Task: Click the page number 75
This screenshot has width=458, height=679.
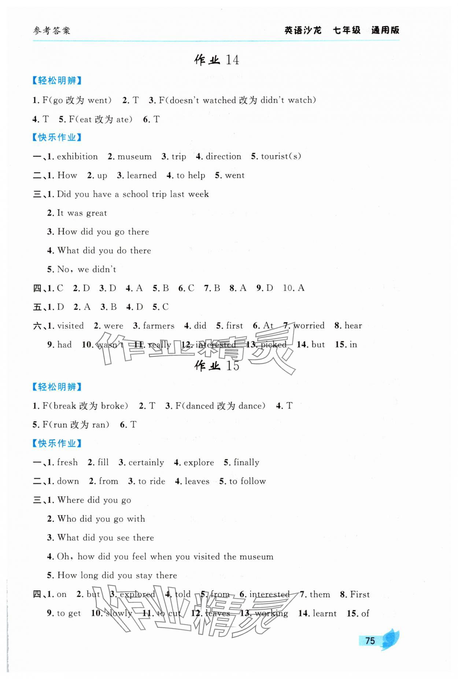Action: pos(370,641)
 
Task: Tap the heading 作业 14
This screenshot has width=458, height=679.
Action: pos(217,60)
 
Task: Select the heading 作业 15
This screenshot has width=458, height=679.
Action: pos(217,366)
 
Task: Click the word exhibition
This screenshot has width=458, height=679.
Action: pos(77,157)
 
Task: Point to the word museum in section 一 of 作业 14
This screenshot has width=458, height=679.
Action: pos(134,157)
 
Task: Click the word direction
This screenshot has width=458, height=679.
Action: pos(224,157)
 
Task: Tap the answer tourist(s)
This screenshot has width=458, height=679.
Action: pos(281,157)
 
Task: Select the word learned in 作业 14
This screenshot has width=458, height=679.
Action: pos(141,176)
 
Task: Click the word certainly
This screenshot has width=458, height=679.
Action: pos(146,462)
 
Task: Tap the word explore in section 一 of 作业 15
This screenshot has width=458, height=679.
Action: pos(199,462)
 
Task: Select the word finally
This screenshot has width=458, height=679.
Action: pos(246,462)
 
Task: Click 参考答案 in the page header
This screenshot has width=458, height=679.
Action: pos(52,31)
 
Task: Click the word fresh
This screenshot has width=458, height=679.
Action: pos(67,462)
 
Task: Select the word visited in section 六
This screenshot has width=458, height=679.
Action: pos(70,326)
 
